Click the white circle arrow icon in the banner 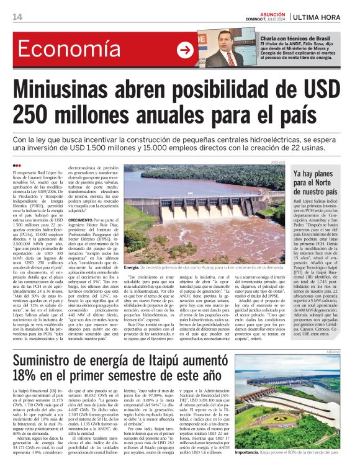click(x=184, y=50)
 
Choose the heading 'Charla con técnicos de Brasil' click(x=294, y=38)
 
